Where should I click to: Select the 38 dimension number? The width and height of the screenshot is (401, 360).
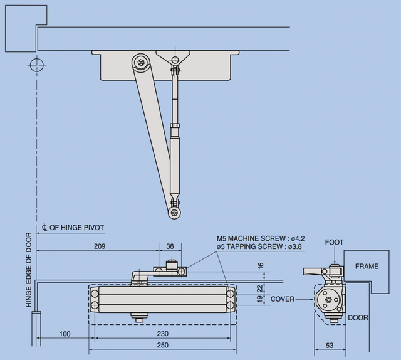click(170, 246)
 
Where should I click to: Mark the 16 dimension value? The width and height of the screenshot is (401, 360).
click(261, 265)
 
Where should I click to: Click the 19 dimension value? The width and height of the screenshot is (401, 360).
click(261, 300)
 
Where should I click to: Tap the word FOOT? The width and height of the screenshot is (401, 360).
click(335, 242)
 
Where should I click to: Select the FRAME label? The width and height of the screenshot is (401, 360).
click(367, 266)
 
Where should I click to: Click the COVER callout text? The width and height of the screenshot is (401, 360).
click(283, 299)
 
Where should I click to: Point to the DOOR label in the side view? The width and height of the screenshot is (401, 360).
click(358, 318)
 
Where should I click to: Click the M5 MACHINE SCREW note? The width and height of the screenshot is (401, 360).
click(260, 238)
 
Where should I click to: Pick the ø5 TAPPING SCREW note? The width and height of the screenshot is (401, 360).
click(259, 246)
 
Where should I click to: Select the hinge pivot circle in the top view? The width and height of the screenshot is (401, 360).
click(36, 64)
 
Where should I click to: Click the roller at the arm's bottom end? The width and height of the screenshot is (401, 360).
click(174, 213)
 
